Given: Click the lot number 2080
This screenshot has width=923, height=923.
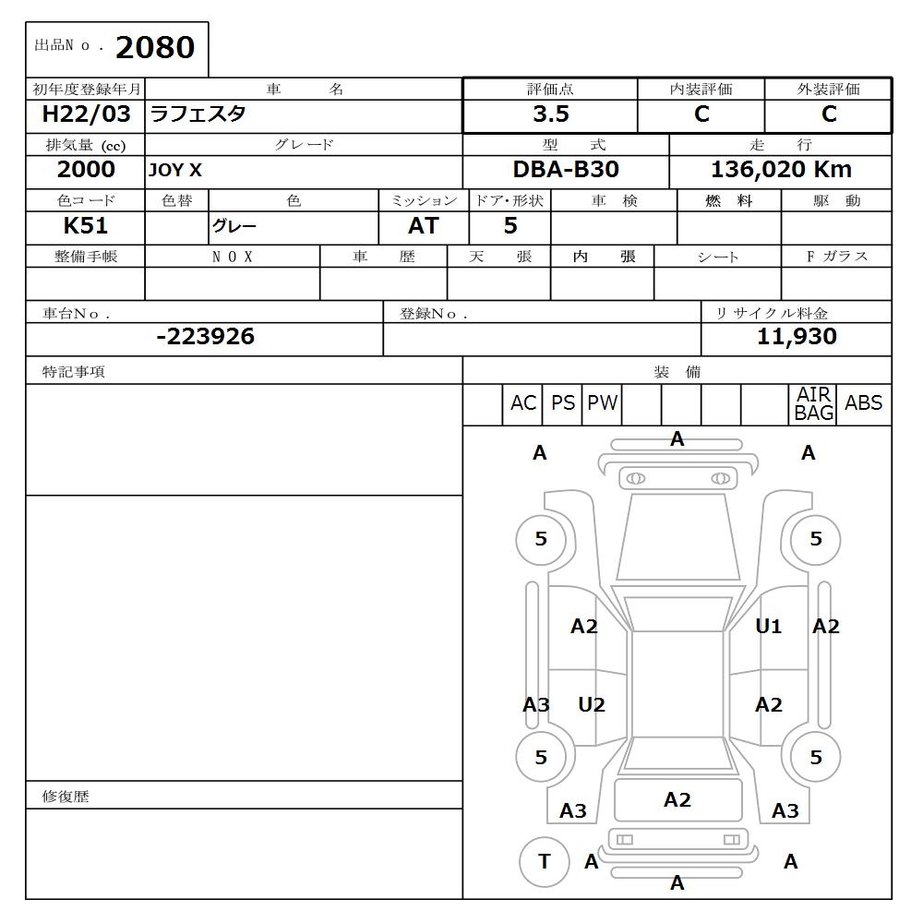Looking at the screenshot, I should coord(155,48).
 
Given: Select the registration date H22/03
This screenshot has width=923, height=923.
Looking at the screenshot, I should coord(86,114).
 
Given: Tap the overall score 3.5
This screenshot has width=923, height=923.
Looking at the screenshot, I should coord(550,114).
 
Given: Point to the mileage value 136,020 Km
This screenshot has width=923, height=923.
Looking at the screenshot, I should coord(781,170).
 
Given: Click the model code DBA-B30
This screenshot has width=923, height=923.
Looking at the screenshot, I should coord(566,170).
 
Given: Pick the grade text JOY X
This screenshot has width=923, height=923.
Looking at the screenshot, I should coord(175,171).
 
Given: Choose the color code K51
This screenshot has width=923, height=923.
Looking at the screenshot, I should coord(86,226).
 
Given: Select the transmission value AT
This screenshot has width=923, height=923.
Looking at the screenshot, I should coord(424,226).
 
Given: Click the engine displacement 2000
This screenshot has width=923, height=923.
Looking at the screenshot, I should coord(86,170).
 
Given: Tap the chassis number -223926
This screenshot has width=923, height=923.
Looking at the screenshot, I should coord(205,337).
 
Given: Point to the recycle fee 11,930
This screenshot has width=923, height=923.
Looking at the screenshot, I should coord(797,337).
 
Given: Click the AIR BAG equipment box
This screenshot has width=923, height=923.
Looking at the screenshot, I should coord(813,404).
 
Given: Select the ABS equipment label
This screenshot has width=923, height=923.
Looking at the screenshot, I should coord(863,403).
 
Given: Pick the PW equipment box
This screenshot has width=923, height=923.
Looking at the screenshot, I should coord(602,403).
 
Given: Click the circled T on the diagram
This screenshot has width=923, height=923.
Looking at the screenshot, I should coord(544,862).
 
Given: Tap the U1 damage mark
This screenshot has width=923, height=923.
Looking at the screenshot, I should coord(768,627).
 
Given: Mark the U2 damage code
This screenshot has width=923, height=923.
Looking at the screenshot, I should coord(592,705).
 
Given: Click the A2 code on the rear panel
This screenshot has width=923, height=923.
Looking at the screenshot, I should coord(677,800).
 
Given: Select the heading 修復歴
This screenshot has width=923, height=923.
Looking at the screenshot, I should coord(66,797).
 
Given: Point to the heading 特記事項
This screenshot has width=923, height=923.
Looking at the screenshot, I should coord(74,372).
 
